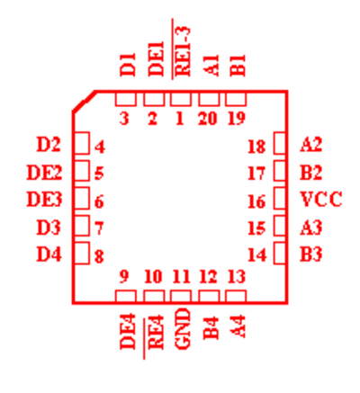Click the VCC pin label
tap(321, 199)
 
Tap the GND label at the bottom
tap(182, 329)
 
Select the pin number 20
tap(208, 119)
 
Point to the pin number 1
tap(180, 119)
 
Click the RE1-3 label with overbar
tap(181, 49)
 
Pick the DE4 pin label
tap(128, 332)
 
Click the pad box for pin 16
tap(280, 198)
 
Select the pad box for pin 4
tap(82, 143)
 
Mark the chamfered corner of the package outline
tap(85, 102)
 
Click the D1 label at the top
tap(128, 65)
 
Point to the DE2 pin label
tap(44, 173)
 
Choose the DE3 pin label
tap(44, 200)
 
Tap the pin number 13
tap(237, 277)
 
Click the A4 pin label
tap(238, 326)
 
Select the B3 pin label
tap(311, 255)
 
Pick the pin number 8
tap(99, 256)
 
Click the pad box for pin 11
tap(181, 296)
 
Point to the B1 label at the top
tap(238, 66)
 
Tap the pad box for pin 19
tap(236, 99)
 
